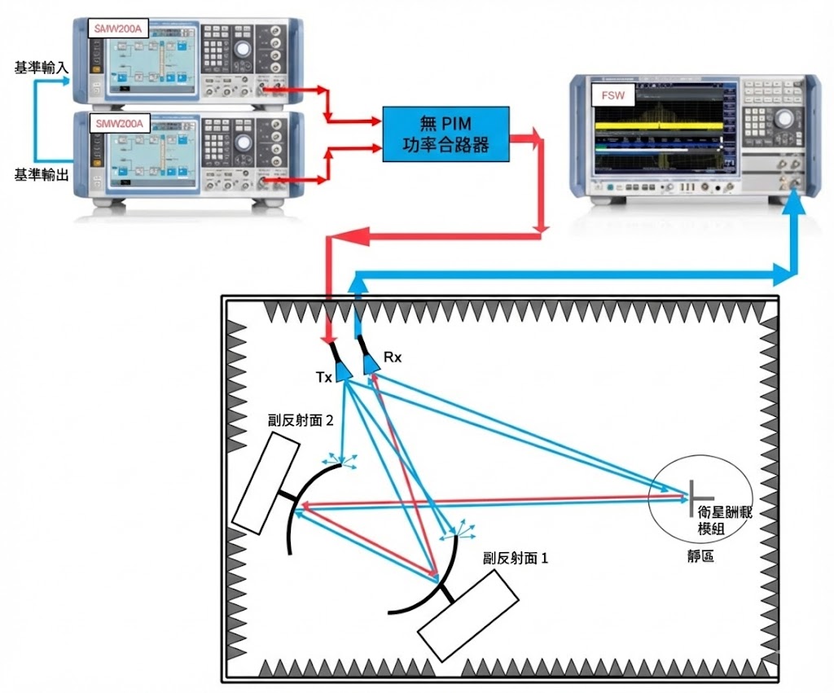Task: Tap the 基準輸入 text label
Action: coord(41,68)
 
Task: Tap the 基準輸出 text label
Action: coord(41,174)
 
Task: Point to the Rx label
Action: coord(391,357)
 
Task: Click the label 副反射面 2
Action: coord(301,420)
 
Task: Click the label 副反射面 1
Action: coord(516,559)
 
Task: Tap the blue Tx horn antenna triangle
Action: coord(344,371)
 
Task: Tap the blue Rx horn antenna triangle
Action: coord(371,363)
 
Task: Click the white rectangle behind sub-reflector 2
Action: coord(266,483)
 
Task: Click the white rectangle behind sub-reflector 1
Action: coord(468,616)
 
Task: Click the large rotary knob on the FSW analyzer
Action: coord(783,117)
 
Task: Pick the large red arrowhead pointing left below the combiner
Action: coord(345,238)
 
